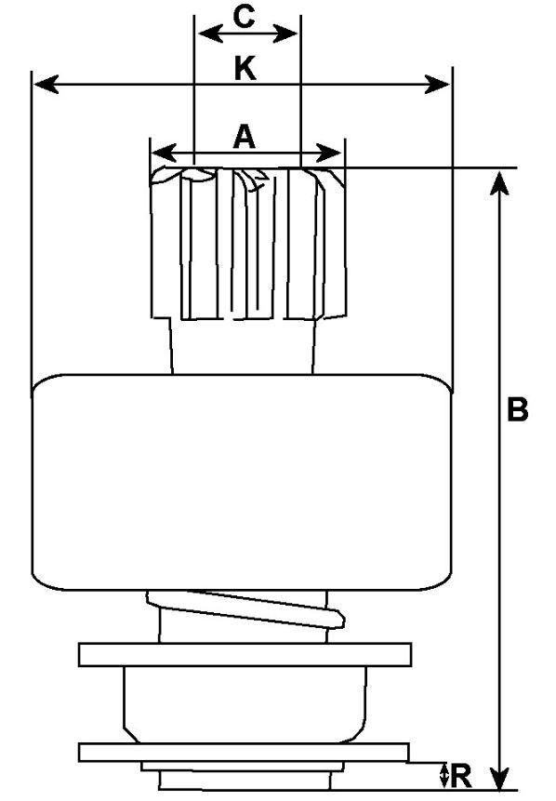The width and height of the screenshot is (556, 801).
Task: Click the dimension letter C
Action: [244, 17]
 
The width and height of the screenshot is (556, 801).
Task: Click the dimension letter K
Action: [245, 69]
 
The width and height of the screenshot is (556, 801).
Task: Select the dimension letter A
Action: [244, 137]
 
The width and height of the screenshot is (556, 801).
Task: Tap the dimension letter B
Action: [517, 409]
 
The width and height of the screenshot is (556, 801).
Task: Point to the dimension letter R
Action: [461, 776]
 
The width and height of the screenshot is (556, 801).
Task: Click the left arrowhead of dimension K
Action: [46, 85]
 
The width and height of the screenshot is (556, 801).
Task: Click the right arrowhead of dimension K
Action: [438, 84]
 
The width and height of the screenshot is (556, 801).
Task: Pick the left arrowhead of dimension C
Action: [210, 34]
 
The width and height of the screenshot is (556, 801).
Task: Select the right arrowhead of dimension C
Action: [285, 34]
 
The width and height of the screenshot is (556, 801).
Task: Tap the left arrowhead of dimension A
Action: [164, 153]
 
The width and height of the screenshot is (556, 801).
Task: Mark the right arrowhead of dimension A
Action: [329, 153]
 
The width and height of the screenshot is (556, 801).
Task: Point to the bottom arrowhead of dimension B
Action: [499, 777]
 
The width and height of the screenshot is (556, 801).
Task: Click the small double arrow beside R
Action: [444, 776]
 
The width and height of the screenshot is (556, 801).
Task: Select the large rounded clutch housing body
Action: [242, 482]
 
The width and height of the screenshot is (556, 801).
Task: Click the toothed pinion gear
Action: [248, 243]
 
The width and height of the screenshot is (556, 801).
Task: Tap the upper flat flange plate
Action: [245, 654]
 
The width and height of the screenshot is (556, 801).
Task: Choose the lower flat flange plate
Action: [244, 753]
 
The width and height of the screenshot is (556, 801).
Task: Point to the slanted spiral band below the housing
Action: [245, 608]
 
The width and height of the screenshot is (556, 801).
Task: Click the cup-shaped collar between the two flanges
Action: [245, 704]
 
